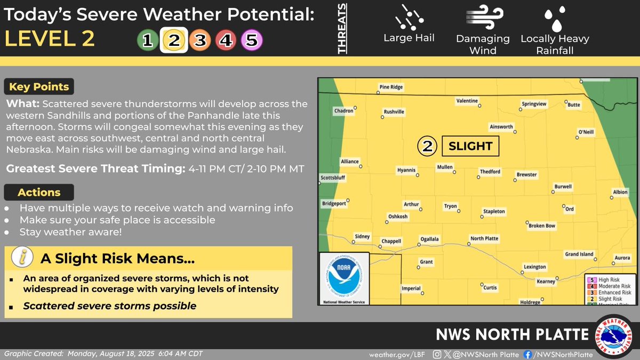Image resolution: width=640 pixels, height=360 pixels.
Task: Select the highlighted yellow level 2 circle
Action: pyautogui.click(x=173, y=39)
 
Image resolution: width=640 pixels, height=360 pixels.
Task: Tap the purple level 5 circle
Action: pyautogui.click(x=252, y=39)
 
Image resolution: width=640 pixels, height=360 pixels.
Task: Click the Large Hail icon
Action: pyautogui.click(x=409, y=17)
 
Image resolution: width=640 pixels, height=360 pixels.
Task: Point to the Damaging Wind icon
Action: pyautogui.click(x=483, y=18)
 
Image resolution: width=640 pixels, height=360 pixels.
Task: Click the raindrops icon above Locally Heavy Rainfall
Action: pyautogui.click(x=555, y=18)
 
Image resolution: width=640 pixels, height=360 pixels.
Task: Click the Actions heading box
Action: pyautogui.click(x=39, y=193)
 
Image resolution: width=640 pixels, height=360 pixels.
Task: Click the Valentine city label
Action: pyautogui.click(x=467, y=100)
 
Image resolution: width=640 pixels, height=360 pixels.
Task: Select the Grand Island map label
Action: pyautogui.click(x=579, y=254)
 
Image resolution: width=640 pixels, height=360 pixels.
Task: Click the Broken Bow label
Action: pyautogui.click(x=542, y=226)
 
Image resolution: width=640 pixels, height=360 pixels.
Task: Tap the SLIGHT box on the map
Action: pyautogui.click(x=470, y=146)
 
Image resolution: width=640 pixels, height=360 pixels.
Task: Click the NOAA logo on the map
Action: pyautogui.click(x=344, y=278)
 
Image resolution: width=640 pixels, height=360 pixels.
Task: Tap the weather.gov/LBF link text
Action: pyautogui.click(x=394, y=355)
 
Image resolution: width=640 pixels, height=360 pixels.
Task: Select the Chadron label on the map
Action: pyautogui.click(x=343, y=111)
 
